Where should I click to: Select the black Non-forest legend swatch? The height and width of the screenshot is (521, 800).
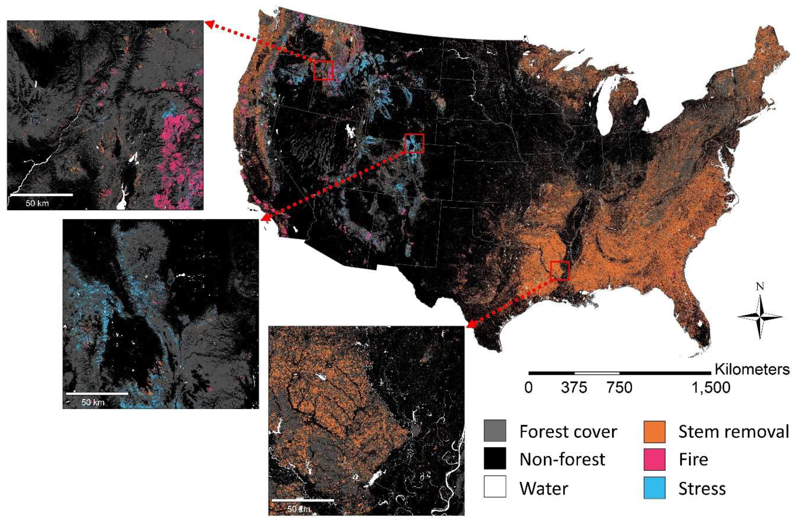coord(495,459)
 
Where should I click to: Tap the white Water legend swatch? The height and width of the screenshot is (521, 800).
coord(495,486)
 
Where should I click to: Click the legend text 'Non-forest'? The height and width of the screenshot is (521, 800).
coord(562,459)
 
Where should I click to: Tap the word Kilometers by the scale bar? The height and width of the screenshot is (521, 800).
coord(752,369)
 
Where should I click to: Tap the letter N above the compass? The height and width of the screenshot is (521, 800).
coord(760,287)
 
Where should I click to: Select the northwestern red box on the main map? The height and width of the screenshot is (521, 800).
coord(323,70)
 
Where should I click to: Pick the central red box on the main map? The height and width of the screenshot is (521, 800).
coord(414,143)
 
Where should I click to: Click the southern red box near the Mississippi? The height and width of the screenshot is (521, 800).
coord(560,271)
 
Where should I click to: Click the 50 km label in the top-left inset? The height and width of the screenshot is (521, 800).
coord(37,203)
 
